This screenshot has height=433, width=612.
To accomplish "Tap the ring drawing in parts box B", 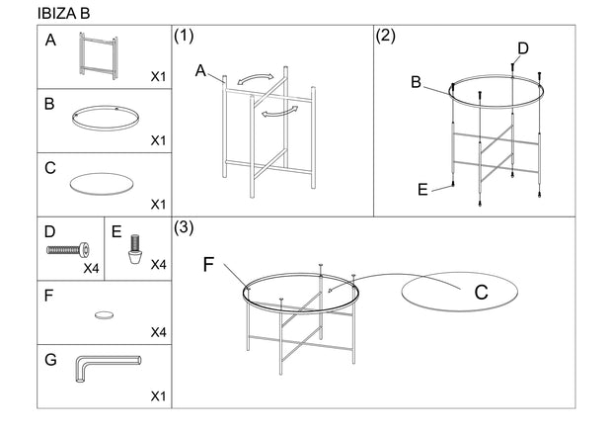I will pyautogui.click(x=105, y=117).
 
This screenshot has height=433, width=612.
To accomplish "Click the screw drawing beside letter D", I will pyautogui.click(x=68, y=250).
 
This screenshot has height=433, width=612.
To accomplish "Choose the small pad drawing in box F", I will pyautogui.click(x=104, y=314).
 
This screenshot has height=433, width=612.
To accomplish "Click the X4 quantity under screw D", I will pyautogui.click(x=91, y=268).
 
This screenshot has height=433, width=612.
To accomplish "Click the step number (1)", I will pyautogui.click(x=183, y=38).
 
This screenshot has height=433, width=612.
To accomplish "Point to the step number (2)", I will pyautogui.click(x=386, y=38).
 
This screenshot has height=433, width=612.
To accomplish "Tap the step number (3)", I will pyautogui.click(x=185, y=227).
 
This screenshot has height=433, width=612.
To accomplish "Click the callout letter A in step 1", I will pyautogui.click(x=201, y=70).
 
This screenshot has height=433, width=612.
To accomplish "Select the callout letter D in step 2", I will pyautogui.click(x=523, y=47).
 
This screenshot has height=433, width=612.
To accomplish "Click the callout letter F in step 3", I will pyautogui.click(x=209, y=264).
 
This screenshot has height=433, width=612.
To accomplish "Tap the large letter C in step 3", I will pyautogui.click(x=481, y=293).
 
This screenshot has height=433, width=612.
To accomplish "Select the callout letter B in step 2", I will pyautogui.click(x=417, y=82).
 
